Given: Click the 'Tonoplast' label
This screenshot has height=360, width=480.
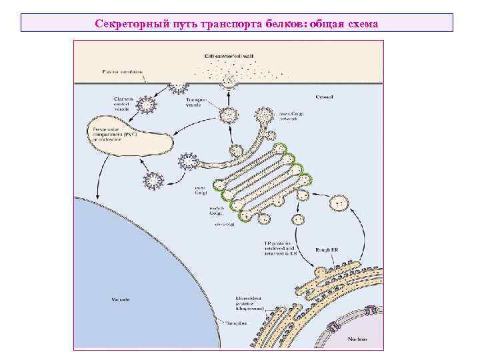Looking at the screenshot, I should pyautogui.click(x=237, y=322).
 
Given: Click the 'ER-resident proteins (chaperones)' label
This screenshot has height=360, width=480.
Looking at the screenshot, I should pyautogui.click(x=250, y=303).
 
